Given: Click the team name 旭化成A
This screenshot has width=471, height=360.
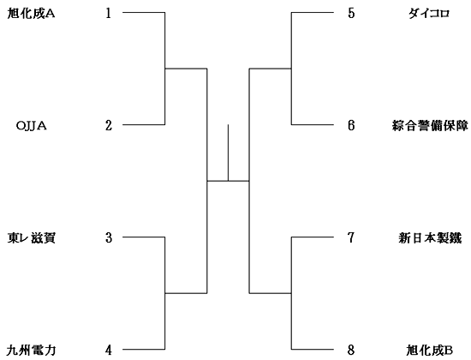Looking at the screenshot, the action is [31, 14].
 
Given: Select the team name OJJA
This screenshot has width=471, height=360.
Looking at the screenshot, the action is [31, 126].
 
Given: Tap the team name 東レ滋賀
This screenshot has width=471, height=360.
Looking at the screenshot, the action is [31, 238].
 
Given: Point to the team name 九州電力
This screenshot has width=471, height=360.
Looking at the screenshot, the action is [31, 351].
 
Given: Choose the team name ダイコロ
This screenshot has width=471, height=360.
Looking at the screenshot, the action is [429, 14].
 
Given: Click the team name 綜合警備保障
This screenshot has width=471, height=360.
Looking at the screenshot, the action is [430, 126].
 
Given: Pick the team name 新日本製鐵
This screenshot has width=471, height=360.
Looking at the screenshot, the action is [430, 238].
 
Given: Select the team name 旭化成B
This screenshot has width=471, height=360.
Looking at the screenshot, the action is [430, 351].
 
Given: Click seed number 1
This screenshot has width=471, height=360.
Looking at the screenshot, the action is [108, 13].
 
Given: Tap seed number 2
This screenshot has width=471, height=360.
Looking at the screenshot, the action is [109, 125].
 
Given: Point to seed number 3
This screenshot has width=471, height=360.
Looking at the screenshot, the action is [109, 238].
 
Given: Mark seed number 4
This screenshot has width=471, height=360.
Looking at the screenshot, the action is [109, 350].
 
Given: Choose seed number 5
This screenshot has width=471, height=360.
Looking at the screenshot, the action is [351, 13].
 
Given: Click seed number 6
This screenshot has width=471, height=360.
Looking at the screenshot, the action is [351, 125].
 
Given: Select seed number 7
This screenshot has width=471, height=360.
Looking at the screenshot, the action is [351, 238].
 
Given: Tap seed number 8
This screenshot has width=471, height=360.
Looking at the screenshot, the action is [351, 350].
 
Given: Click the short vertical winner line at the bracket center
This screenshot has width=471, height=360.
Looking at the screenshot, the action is [229, 153].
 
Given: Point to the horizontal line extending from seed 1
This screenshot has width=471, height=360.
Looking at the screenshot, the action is [144, 12].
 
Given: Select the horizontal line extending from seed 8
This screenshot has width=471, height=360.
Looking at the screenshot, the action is [313, 349].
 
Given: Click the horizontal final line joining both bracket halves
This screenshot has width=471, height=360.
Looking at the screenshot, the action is [229, 181].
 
